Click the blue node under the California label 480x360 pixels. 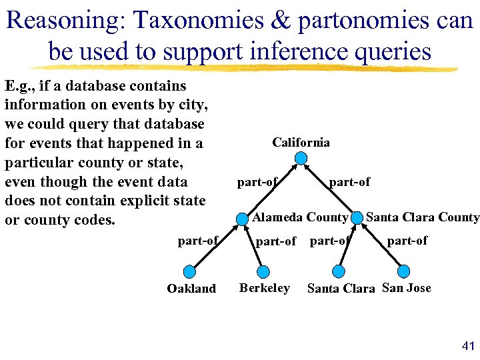[301, 158]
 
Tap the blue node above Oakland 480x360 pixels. [190, 271]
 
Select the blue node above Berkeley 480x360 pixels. [263, 271]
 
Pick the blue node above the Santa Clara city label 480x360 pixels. [339, 271]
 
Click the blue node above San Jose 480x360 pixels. [403, 271]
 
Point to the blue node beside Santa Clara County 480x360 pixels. [357, 217]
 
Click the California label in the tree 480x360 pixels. [301, 142]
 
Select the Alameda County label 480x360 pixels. [300, 217]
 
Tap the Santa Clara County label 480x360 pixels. [423, 217]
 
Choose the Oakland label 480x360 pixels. [191, 289]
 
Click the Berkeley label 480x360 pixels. [264, 288]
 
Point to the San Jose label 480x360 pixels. [407, 288]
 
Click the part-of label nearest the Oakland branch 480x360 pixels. [197, 241]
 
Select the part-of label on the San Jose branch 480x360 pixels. [407, 241]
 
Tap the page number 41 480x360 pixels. [467, 345]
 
